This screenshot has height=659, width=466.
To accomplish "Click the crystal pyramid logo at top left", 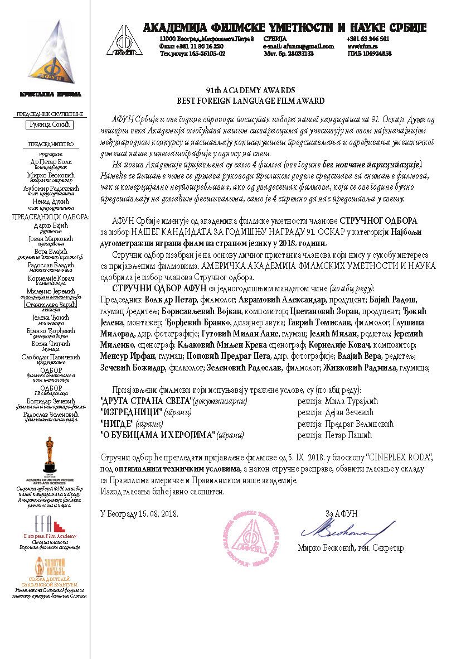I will point(50,53).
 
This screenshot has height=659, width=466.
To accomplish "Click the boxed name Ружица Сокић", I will point(50,125).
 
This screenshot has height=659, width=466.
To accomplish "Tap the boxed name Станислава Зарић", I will point(50,305).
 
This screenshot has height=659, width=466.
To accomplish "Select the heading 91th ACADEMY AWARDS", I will point(250,90).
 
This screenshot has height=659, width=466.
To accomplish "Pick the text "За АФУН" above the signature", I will point(341,513).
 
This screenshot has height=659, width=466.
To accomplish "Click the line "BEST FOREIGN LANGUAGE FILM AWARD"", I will point(250,101).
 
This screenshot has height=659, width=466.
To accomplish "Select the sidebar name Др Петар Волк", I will point(50,162).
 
